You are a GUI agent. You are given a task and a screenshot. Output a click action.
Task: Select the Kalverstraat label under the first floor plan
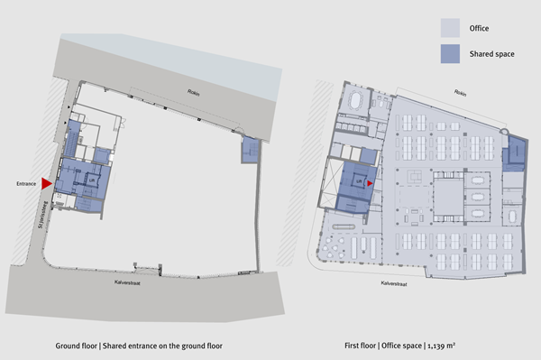(x=389, y=280)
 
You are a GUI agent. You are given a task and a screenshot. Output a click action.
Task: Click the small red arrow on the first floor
(x=369, y=181)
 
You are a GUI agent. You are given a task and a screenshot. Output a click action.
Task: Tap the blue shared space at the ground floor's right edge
(x=249, y=151)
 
